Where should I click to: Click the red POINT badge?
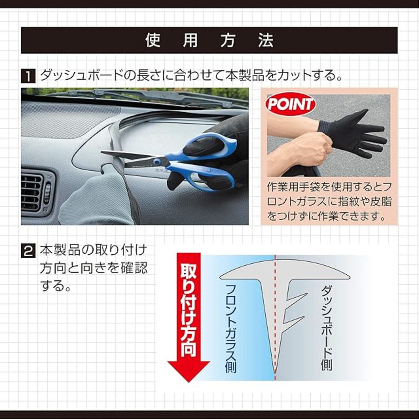coord(290,105)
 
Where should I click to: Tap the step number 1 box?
coord(28,75)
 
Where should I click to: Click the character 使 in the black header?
coord(153,41)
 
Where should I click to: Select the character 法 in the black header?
coord(266,41)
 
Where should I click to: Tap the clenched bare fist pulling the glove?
coord(313,150)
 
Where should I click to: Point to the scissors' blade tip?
coord(102,152)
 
